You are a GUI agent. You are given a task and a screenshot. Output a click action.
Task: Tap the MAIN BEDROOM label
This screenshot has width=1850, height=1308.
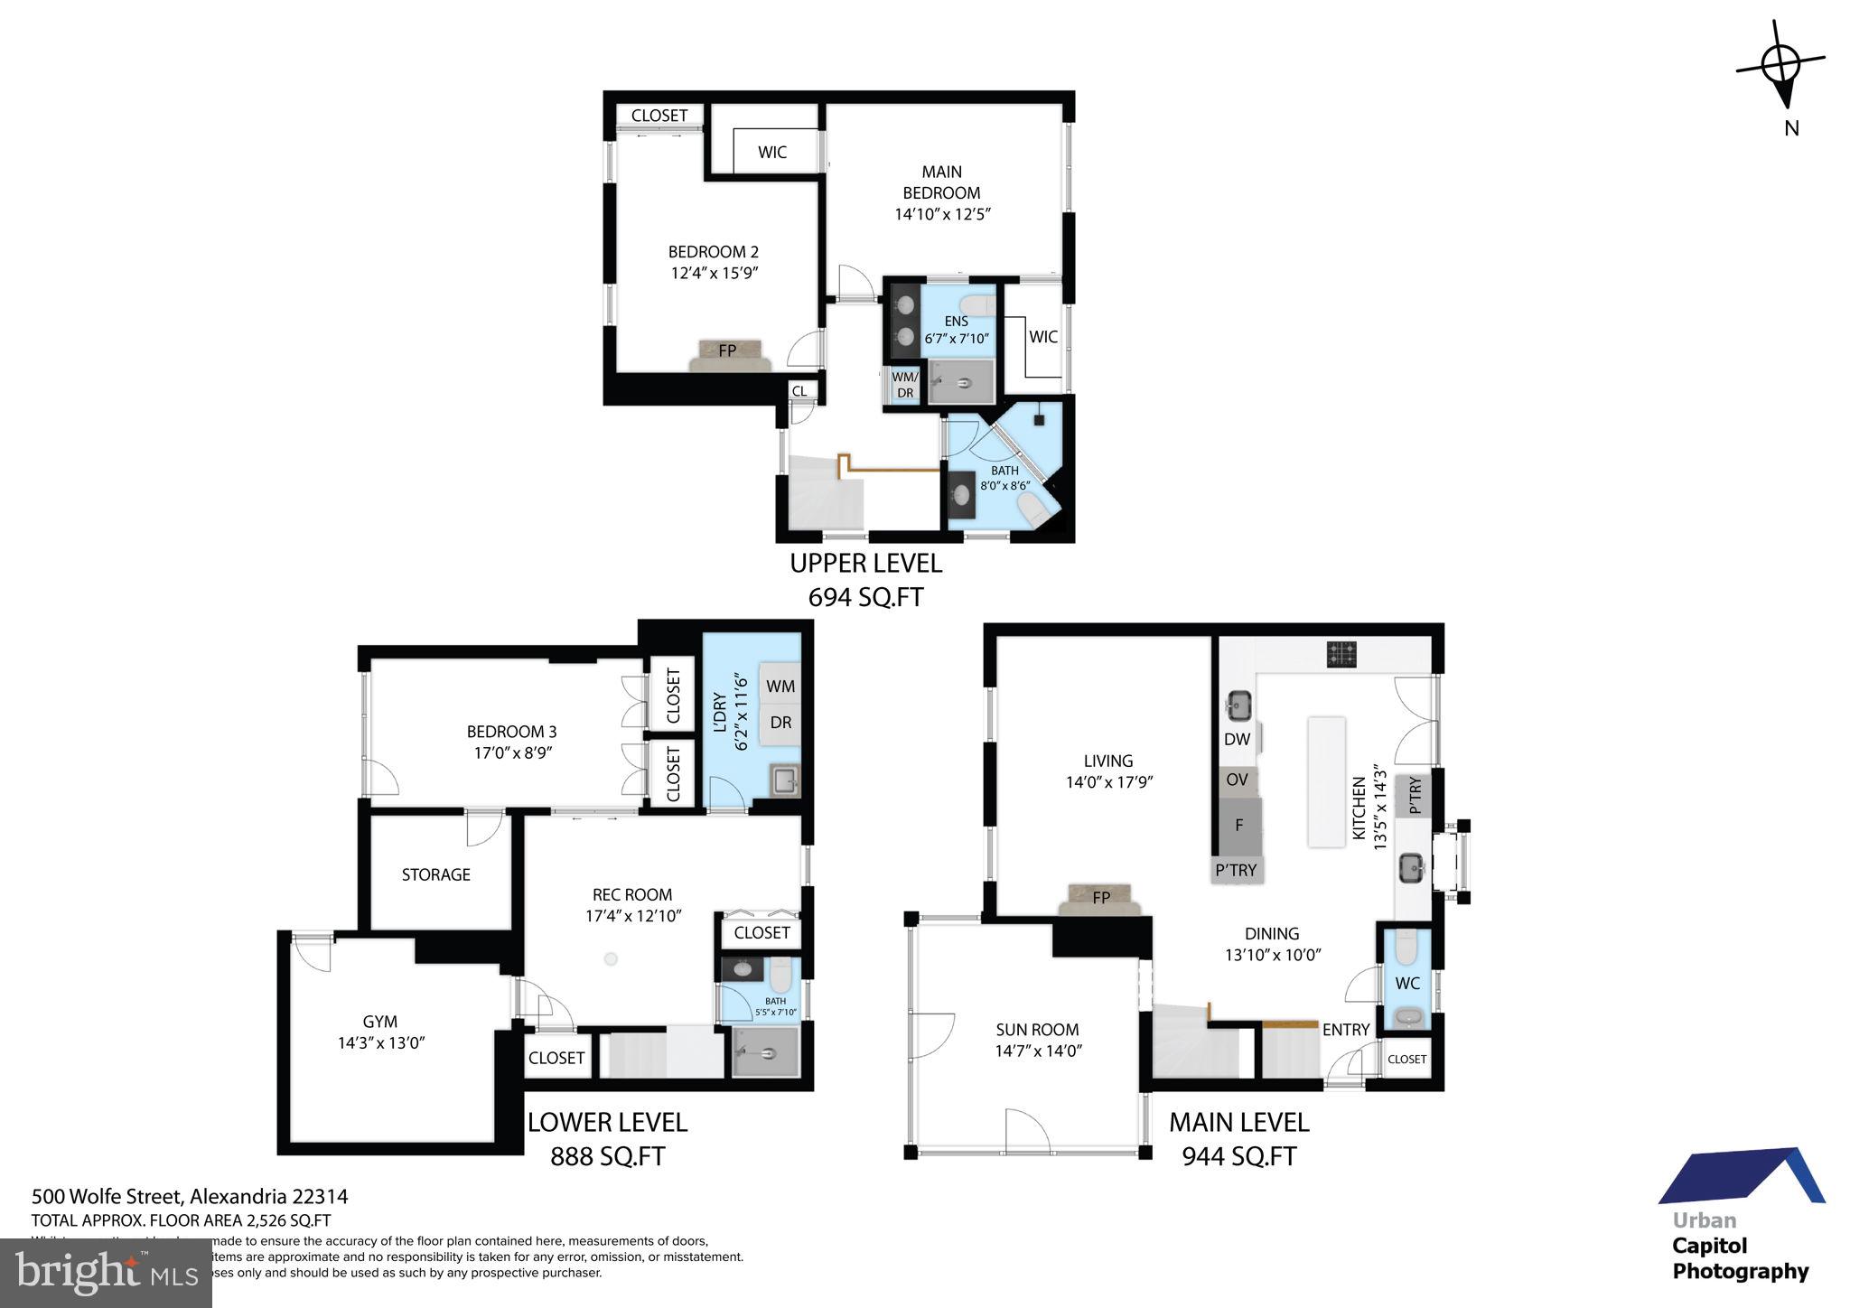(941, 182)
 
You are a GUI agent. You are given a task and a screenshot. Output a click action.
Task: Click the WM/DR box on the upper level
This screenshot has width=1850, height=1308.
(904, 385)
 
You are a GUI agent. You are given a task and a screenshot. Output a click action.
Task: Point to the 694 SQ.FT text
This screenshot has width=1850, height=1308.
(864, 597)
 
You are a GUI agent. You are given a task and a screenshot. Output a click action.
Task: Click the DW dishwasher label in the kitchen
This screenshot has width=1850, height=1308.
(1237, 739)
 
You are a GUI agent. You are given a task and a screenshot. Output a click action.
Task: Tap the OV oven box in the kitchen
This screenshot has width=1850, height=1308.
(1237, 780)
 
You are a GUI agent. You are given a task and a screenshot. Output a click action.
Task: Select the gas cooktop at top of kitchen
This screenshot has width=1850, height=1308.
(1341, 654)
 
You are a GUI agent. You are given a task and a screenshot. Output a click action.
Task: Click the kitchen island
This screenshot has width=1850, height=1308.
(1326, 782)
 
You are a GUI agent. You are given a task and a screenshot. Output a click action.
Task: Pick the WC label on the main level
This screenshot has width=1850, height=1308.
(1406, 983)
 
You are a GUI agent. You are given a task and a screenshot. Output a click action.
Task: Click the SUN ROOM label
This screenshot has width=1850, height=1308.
(1037, 1029)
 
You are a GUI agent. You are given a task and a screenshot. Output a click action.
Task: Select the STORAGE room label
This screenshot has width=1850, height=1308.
(435, 874)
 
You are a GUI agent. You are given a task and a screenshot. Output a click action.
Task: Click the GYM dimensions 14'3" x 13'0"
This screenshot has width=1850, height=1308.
(380, 1042)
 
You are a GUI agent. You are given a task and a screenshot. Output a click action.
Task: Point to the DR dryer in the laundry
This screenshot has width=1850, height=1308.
(780, 723)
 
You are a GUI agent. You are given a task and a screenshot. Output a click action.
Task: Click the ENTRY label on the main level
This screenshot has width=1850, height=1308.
(1345, 1029)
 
